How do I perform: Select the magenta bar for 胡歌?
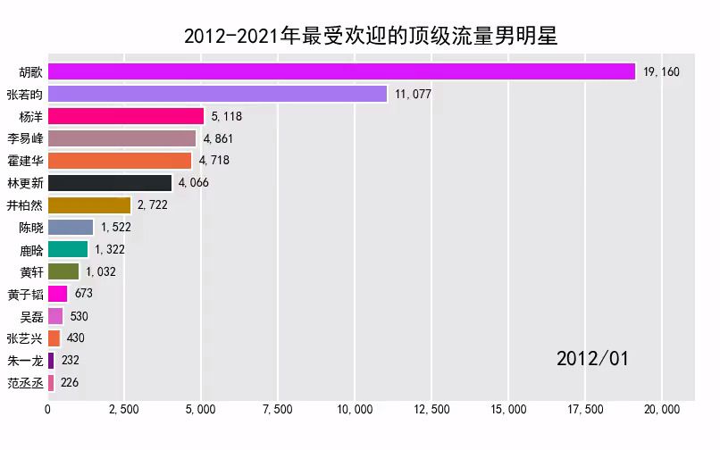pyautogui.click(x=341, y=71)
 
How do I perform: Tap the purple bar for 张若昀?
pyautogui.click(x=217, y=94)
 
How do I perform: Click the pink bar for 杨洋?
pyautogui.click(x=126, y=116)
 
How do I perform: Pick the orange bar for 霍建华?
pyautogui.click(x=120, y=161)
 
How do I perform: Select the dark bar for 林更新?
pyautogui.click(x=110, y=183)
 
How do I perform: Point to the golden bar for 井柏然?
pyautogui.click(x=89, y=205)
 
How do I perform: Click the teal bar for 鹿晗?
pyautogui.click(x=68, y=249)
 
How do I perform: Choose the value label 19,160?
pyautogui.click(x=661, y=71)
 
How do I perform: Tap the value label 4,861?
pyautogui.click(x=221, y=138)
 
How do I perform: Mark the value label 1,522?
pyautogui.click(x=115, y=228)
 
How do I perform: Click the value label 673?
pyautogui.click(x=84, y=294)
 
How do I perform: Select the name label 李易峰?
pyautogui.click(x=25, y=138)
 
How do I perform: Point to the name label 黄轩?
pyautogui.click(x=31, y=271)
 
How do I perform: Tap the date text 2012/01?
pyautogui.click(x=592, y=359)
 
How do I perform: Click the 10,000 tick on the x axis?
pyautogui.click(x=355, y=410)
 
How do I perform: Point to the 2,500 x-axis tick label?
pyautogui.click(x=123, y=410)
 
